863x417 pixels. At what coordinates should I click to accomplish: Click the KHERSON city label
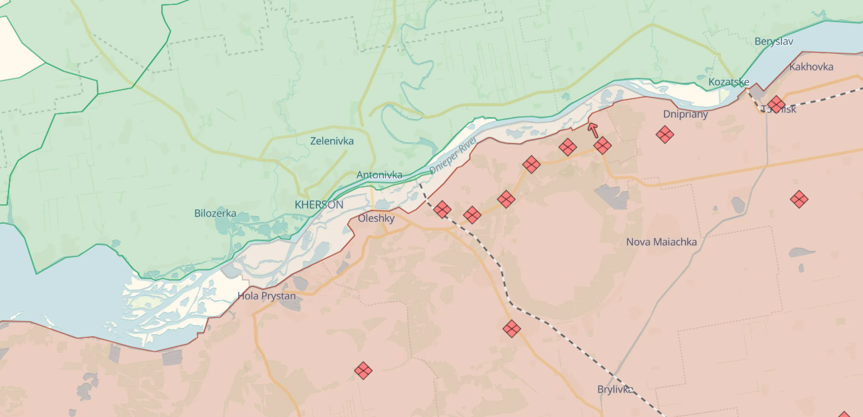(319, 205)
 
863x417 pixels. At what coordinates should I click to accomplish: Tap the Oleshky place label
(376, 219)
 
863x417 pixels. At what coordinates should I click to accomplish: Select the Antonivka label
(379, 175)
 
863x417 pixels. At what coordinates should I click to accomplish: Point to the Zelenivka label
(332, 141)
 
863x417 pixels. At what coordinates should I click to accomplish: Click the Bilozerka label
(215, 214)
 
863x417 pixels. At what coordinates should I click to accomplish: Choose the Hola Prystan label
(266, 296)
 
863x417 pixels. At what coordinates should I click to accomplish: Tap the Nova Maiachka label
(661, 242)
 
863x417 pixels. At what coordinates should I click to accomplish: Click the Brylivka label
(615, 389)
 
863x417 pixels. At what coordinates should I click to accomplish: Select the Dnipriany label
(685, 114)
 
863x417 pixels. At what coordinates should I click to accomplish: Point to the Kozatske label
(728, 82)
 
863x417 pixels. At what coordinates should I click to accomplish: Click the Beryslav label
(773, 42)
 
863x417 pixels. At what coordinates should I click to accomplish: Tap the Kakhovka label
(811, 67)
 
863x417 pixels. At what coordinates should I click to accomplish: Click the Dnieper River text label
(452, 156)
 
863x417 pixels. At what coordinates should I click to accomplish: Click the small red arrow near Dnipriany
(593, 130)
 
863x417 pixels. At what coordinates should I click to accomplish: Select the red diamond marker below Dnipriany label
(664, 134)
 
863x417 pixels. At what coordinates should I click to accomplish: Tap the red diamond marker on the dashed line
(442, 209)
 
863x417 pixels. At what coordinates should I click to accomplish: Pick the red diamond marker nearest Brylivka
(512, 329)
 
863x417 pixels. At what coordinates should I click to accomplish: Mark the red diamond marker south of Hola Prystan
(363, 370)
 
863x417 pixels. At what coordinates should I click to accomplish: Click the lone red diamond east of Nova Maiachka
(799, 199)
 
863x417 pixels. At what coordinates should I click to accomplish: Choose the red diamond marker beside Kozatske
(776, 104)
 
